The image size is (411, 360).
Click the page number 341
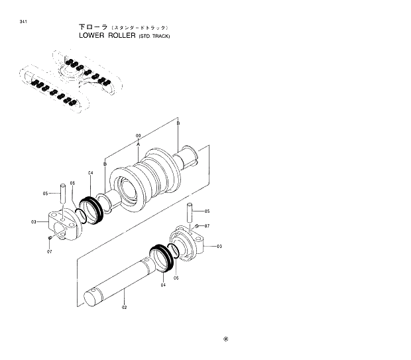[x=23, y=23]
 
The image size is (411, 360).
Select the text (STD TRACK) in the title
[x=154, y=36]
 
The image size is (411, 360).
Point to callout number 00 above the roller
[x=138, y=135]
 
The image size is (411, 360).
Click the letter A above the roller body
[x=138, y=143]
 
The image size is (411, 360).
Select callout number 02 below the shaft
[x=124, y=308]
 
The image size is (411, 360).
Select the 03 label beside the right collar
[x=219, y=246]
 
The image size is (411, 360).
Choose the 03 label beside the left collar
[x=33, y=221]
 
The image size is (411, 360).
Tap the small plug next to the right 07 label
[x=198, y=227]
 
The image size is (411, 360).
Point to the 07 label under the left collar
[x=50, y=252]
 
